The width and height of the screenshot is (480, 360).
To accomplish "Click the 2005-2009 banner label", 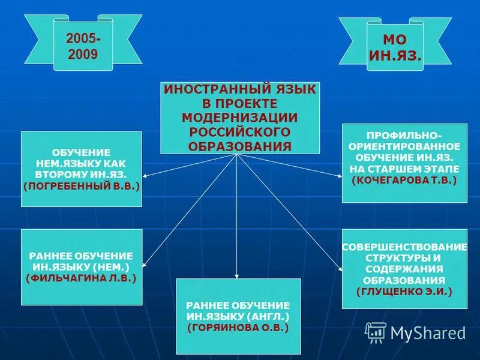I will [x=83, y=45].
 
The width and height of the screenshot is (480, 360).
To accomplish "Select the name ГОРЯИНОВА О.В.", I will [x=238, y=328].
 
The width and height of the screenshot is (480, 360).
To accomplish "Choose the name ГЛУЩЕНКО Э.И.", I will [x=404, y=291].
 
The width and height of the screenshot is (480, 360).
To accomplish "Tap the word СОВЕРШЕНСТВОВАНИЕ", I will [x=404, y=247].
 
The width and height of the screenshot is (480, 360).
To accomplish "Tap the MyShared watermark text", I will [x=428, y=332].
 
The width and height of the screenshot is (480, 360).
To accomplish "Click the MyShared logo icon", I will [x=376, y=332].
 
